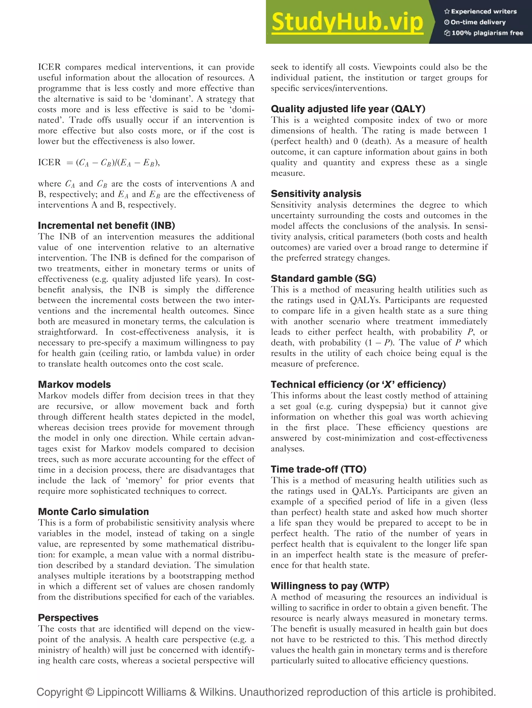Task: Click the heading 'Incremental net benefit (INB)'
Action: (106, 226)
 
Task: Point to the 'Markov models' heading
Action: (74, 384)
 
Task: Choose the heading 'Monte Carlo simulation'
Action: (93, 512)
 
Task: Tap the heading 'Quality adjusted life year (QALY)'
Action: (348, 109)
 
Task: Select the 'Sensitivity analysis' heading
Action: (316, 194)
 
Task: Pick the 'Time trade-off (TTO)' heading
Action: (318, 469)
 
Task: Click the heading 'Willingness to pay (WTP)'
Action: (330, 586)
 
